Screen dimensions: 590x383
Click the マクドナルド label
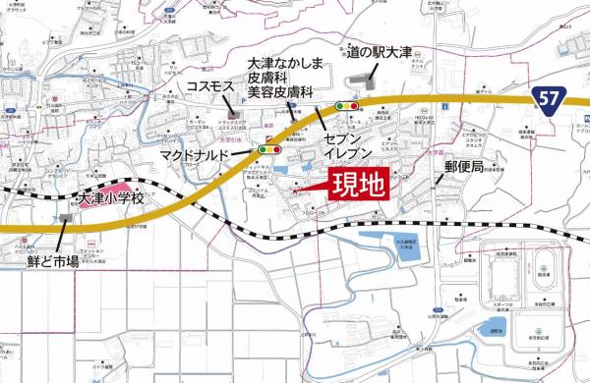pyautogui.click(x=219, y=155)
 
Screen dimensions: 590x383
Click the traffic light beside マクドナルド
pyautogui.click(x=268, y=150)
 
